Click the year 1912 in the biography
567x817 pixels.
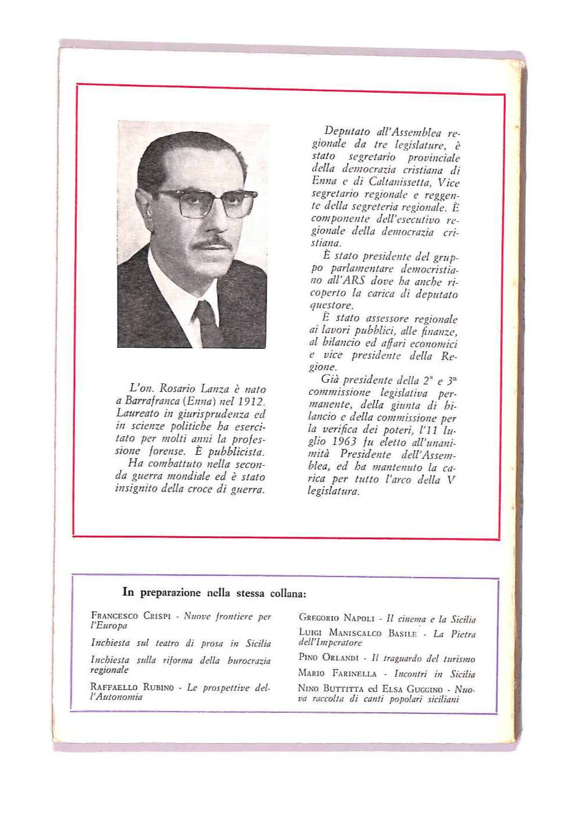251,402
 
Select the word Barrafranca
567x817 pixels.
153,402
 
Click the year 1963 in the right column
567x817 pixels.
343,442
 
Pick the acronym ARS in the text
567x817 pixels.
354,281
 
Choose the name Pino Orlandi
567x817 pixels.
328,657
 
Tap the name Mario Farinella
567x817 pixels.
337,673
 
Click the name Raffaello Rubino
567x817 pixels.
132,687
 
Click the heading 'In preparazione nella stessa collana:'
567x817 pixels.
214,593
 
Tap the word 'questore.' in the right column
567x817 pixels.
331,305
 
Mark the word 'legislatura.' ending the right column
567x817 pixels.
334,491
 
